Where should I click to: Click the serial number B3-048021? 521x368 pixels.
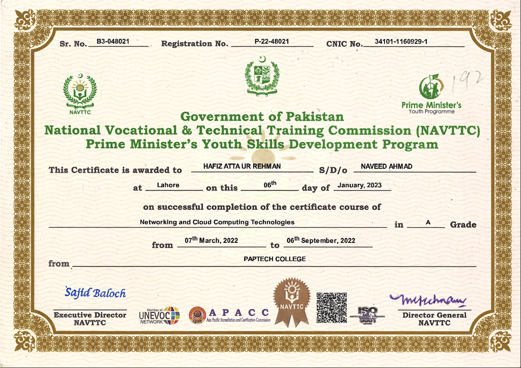pyautogui.click(x=112, y=41)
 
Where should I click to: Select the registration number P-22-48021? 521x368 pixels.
pyautogui.click(x=272, y=41)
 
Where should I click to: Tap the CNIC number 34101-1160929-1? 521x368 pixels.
pyautogui.click(x=401, y=41)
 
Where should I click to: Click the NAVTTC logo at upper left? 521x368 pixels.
pyautogui.click(x=80, y=91)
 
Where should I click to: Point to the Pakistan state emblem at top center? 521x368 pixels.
pyautogui.click(x=263, y=75)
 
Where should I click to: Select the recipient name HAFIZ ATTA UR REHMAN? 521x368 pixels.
pyautogui.click(x=242, y=166)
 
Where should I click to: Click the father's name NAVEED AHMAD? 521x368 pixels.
pyautogui.click(x=386, y=166)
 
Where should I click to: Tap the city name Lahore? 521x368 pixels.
pyautogui.click(x=168, y=185)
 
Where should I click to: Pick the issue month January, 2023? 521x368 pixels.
pyautogui.click(x=359, y=185)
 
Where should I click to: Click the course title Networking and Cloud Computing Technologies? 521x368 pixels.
pyautogui.click(x=217, y=222)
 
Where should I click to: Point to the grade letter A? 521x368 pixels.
pyautogui.click(x=428, y=222)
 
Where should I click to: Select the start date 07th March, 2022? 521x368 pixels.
pyautogui.click(x=211, y=240)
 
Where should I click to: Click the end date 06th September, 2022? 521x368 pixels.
pyautogui.click(x=321, y=240)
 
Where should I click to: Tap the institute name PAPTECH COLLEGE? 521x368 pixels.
pyautogui.click(x=274, y=259)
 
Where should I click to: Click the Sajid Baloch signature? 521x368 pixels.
pyautogui.click(x=95, y=293)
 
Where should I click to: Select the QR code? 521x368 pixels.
pyautogui.click(x=332, y=307)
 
